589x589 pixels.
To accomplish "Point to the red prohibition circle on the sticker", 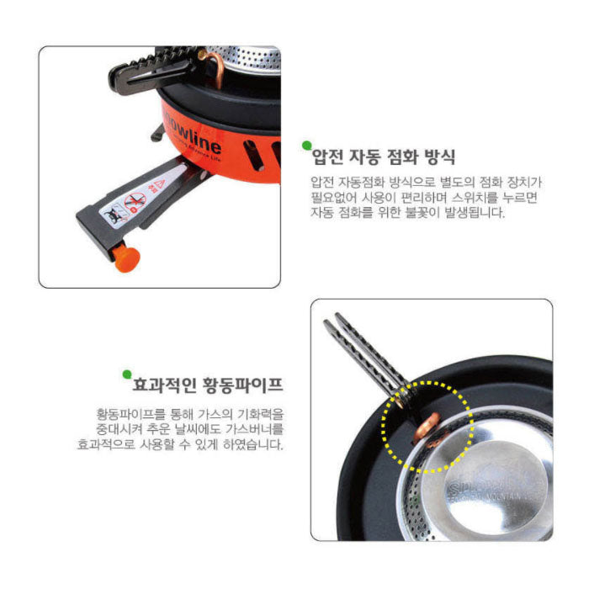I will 135,200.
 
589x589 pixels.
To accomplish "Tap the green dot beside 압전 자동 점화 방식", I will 306,145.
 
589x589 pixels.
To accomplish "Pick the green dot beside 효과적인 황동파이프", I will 126,374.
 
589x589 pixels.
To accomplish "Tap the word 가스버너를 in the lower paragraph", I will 256,428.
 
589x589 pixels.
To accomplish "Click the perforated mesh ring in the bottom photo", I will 421,504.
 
